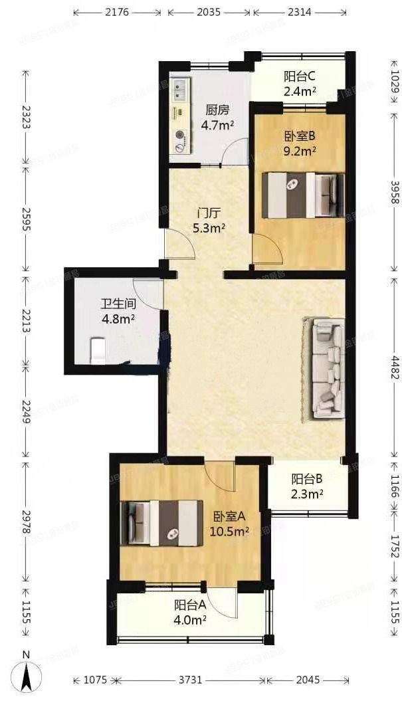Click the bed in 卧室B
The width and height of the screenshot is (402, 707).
coord(304,195)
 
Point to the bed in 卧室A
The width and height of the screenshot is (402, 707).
coord(161,523)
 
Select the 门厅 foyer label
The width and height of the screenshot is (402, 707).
coord(209,213)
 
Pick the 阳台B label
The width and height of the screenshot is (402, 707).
coord(307,479)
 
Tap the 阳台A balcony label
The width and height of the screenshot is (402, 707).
coord(189,605)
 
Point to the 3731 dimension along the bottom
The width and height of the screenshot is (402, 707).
coord(191,680)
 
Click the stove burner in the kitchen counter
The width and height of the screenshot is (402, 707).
coord(179,138)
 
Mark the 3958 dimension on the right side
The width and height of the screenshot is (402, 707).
coord(393,193)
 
